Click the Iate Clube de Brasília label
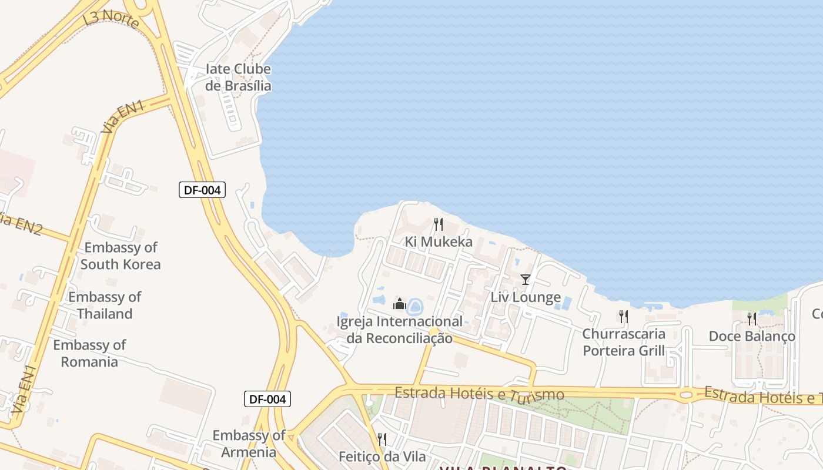(x=238, y=78)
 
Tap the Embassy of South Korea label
(x=121, y=256)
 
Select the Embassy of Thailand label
(x=105, y=305)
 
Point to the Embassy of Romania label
(x=89, y=353)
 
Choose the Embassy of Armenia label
(x=249, y=444)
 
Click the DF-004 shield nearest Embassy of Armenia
(x=267, y=399)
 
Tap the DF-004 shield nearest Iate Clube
(x=202, y=190)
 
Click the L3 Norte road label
(x=111, y=20)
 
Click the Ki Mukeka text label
(x=439, y=242)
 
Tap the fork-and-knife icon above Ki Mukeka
(x=438, y=224)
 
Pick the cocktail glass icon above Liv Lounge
(x=526, y=280)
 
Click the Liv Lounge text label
(x=526, y=297)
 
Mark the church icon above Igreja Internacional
(x=400, y=304)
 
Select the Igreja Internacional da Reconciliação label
(x=400, y=330)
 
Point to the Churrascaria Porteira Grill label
(x=624, y=343)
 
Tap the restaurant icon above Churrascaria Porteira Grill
(x=624, y=317)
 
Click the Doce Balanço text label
(x=752, y=337)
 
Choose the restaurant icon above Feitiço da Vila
(x=382, y=439)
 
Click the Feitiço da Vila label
(x=382, y=456)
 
